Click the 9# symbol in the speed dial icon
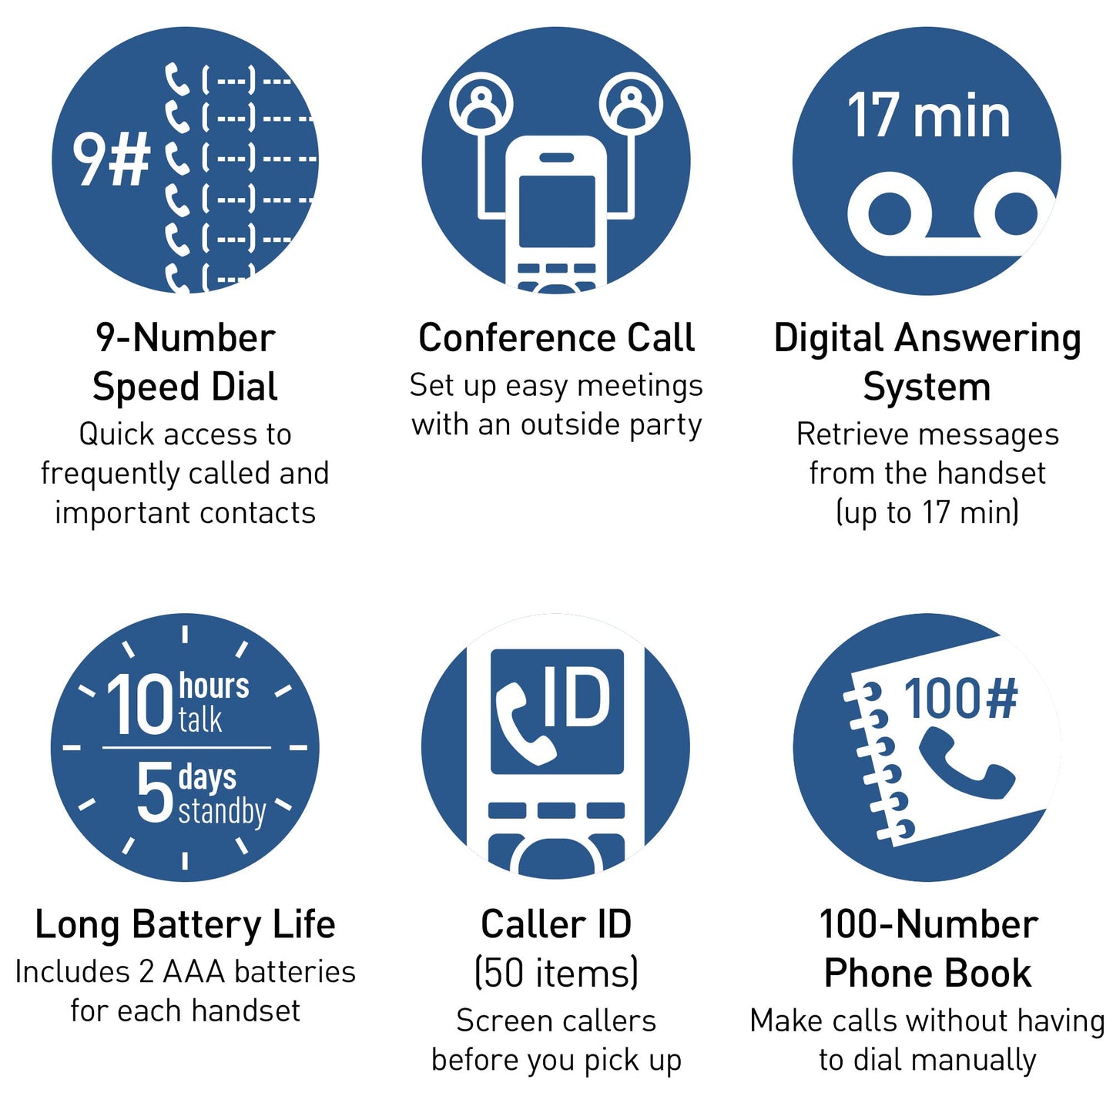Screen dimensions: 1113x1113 pyautogui.click(x=111, y=160)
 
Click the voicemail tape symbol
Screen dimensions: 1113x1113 pyautogui.click(x=952, y=213)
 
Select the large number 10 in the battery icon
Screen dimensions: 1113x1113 pyautogui.click(x=139, y=704)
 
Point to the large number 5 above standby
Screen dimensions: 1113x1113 pyautogui.click(x=155, y=792)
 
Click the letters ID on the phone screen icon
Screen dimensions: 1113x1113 pyautogui.click(x=577, y=696)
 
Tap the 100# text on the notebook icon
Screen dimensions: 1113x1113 pyautogui.click(x=960, y=699)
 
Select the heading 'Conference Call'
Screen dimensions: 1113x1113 pyautogui.click(x=556, y=338)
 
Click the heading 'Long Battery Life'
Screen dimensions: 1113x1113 pyautogui.click(x=185, y=924)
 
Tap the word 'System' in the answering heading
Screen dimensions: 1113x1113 pyautogui.click(x=927, y=387)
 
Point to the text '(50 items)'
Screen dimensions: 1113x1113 pyautogui.click(x=556, y=973)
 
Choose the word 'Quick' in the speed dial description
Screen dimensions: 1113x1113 pyautogui.click(x=117, y=434)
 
